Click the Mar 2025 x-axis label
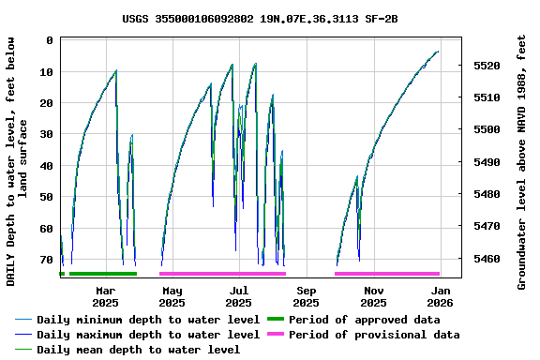point(105,296)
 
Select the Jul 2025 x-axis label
point(239,296)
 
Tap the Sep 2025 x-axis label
point(306,296)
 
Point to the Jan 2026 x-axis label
point(441,296)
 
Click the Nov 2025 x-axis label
point(373,296)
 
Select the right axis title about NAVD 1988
point(522,161)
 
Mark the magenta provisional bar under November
point(386,274)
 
